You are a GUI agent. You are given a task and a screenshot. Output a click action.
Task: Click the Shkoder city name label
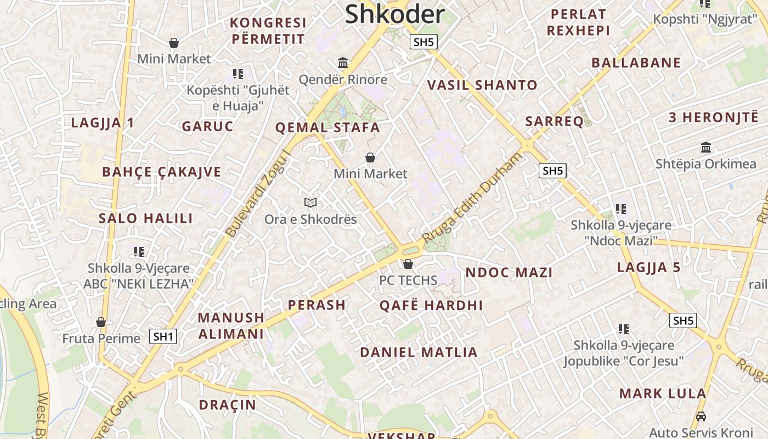394,14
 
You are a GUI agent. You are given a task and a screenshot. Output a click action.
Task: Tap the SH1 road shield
163,336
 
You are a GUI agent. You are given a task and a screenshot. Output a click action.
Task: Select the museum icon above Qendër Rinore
343,63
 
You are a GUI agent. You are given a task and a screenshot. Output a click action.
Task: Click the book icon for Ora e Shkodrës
310,203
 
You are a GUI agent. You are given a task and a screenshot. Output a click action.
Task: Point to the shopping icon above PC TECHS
408,264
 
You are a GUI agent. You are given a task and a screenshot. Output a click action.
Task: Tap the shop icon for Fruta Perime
101,322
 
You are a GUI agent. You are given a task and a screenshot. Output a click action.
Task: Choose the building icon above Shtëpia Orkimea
706,148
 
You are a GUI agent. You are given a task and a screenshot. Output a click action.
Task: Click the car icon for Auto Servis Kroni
701,416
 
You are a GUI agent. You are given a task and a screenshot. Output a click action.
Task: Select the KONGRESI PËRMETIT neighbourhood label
268,31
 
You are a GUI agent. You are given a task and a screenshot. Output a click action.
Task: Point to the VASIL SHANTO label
482,85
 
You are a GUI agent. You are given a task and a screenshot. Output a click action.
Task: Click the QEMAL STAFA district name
327,128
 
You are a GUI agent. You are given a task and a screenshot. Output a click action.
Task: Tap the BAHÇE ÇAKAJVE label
162,172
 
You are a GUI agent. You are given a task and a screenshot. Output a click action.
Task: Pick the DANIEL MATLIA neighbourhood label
419,352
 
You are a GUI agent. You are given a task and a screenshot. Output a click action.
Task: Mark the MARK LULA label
663,393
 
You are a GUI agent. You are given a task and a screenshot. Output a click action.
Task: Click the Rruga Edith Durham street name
472,199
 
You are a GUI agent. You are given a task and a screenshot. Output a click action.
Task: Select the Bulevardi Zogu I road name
258,193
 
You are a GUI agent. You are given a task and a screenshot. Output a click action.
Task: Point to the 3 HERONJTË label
713,117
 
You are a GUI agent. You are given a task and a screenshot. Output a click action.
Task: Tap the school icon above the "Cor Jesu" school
623,329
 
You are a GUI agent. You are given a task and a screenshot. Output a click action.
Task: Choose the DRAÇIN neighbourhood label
227,405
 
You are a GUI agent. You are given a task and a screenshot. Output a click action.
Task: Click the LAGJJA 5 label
648,268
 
